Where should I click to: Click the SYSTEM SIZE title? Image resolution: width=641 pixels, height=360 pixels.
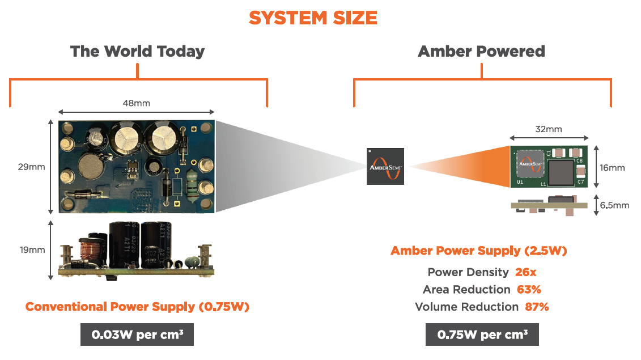point(313,18)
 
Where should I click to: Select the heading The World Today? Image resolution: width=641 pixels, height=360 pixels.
point(137,52)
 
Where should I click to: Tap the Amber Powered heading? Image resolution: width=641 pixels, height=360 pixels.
point(481,52)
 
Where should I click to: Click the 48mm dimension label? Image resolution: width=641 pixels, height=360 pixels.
point(137,103)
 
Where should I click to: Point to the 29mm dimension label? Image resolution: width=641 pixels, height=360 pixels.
point(31,167)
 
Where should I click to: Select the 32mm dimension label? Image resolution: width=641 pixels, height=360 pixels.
point(549,129)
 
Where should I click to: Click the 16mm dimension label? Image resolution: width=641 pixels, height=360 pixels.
point(612,167)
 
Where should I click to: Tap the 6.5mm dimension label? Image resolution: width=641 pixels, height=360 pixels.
point(614,205)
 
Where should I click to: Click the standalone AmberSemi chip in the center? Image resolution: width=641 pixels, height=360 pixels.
point(385,166)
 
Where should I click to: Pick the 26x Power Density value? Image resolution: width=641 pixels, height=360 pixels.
point(525,272)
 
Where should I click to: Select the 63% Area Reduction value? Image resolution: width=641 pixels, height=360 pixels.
point(529,290)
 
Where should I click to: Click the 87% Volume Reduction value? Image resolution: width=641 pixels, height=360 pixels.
point(536,307)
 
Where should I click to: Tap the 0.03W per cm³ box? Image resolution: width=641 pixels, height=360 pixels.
point(137,334)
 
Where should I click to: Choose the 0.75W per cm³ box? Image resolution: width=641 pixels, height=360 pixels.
point(482,334)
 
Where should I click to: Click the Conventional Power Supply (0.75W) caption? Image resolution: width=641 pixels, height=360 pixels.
point(137,307)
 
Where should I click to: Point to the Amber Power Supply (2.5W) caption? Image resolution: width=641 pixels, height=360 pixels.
point(479,251)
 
